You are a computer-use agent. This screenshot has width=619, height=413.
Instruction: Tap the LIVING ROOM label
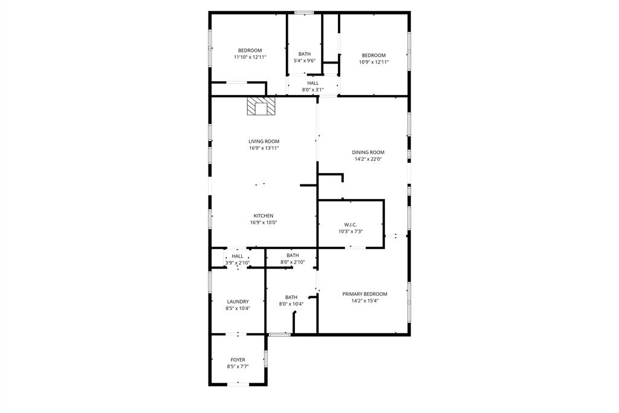(x=264, y=141)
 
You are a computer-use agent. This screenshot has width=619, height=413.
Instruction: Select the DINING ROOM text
(x=368, y=152)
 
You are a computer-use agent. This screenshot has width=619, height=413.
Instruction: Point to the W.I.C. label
(x=351, y=225)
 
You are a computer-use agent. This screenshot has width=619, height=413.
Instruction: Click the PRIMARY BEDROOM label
(x=365, y=294)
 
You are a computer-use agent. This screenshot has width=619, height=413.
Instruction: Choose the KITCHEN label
(x=263, y=216)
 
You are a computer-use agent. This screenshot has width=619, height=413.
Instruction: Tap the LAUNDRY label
(x=238, y=302)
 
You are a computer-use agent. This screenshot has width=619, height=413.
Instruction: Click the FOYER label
(x=238, y=360)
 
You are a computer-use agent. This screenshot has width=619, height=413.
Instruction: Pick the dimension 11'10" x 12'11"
(x=250, y=57)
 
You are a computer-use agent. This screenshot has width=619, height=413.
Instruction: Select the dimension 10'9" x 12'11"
(x=374, y=62)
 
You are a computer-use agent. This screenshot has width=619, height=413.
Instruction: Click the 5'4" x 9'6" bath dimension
(x=304, y=60)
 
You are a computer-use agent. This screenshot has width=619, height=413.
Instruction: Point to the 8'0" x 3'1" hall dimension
(x=313, y=89)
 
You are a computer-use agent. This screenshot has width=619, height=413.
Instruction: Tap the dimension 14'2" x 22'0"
(x=368, y=159)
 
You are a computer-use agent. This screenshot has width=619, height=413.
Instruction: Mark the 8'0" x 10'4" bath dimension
(x=291, y=304)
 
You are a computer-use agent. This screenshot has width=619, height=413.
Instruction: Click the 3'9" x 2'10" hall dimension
(x=237, y=262)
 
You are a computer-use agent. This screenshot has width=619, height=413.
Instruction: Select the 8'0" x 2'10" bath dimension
(x=293, y=262)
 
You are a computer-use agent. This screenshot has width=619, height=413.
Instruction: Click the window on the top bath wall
(x=303, y=12)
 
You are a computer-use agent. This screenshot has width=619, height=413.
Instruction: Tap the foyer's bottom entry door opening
(x=238, y=383)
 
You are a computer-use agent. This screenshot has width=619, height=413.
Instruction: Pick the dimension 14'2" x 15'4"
(x=365, y=301)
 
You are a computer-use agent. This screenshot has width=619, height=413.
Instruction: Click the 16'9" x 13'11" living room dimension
(x=264, y=148)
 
